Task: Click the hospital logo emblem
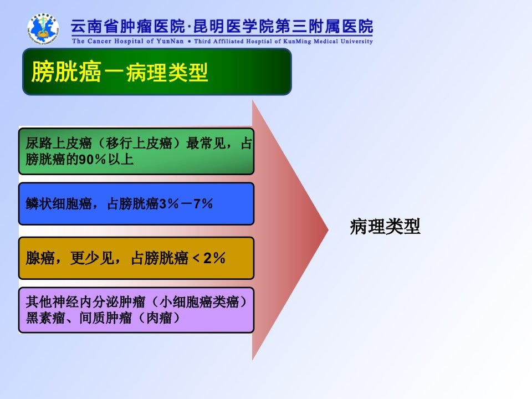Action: tap(43, 29)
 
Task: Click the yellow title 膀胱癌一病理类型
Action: tap(120, 72)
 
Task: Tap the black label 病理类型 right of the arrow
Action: tap(385, 226)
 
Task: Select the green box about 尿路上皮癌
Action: tap(136, 151)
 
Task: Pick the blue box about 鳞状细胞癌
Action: tap(136, 203)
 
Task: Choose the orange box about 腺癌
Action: tap(136, 258)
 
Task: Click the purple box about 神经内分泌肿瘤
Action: tap(136, 310)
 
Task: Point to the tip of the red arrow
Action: tap(328, 230)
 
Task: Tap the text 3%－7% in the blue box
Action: tap(186, 203)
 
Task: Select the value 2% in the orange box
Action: tap(214, 258)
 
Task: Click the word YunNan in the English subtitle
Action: tap(170, 41)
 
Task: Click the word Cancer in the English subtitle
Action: tap(99, 41)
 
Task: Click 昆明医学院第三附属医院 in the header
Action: tap(283, 27)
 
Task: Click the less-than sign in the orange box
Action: tap(196, 259)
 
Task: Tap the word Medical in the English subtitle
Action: tap(326, 41)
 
